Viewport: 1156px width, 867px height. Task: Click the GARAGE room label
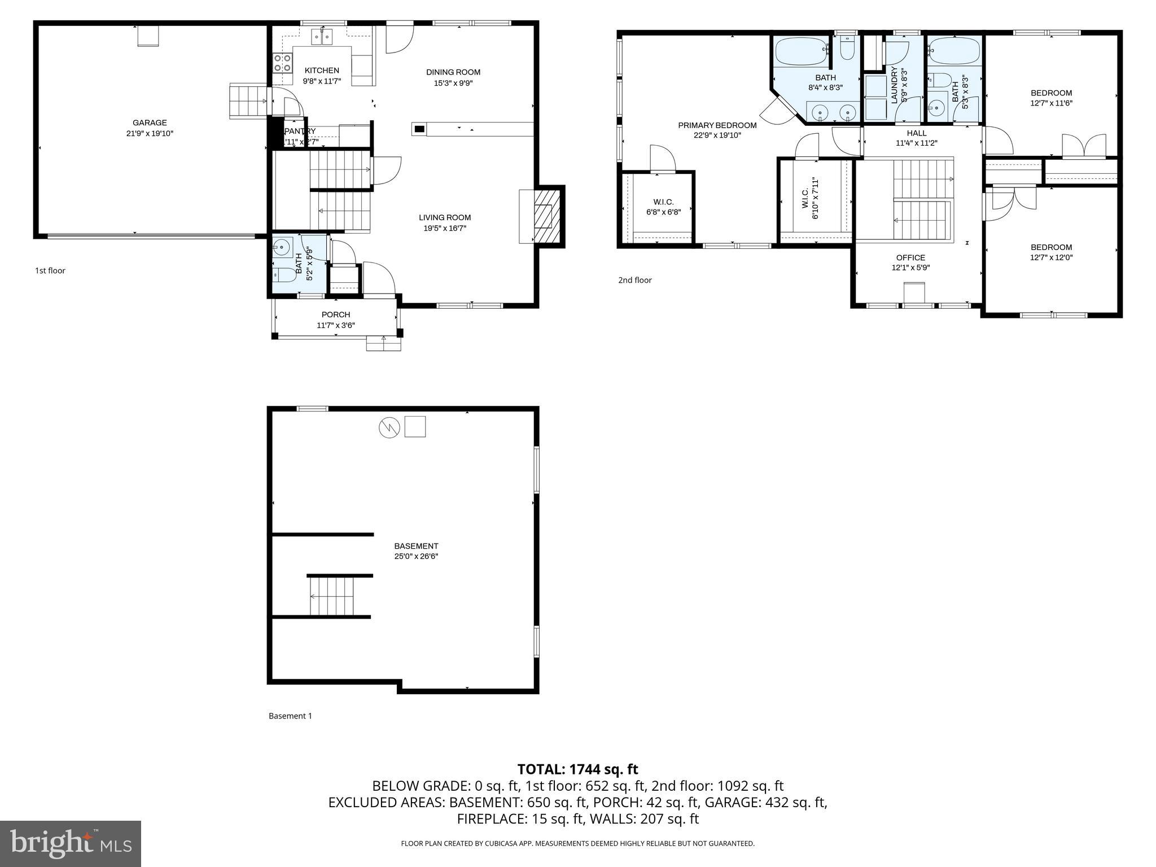pyautogui.click(x=150, y=122)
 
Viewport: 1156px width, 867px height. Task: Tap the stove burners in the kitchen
pyautogui.click(x=282, y=63)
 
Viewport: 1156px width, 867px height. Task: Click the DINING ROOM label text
pyautogui.click(x=453, y=72)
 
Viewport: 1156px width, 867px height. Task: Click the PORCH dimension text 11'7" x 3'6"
pyautogui.click(x=336, y=325)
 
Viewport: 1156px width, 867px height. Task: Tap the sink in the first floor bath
pyautogui.click(x=281, y=247)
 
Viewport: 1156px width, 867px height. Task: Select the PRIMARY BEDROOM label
pyautogui.click(x=717, y=125)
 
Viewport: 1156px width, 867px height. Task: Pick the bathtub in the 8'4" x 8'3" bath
pyautogui.click(x=800, y=51)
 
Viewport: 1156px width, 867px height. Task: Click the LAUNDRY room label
pyautogui.click(x=894, y=85)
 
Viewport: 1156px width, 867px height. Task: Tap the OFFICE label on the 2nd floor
pyautogui.click(x=910, y=257)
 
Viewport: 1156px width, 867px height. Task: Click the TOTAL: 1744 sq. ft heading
pyautogui.click(x=577, y=769)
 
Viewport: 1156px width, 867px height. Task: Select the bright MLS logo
pyautogui.click(x=71, y=843)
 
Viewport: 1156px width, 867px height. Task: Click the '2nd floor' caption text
pyautogui.click(x=634, y=280)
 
